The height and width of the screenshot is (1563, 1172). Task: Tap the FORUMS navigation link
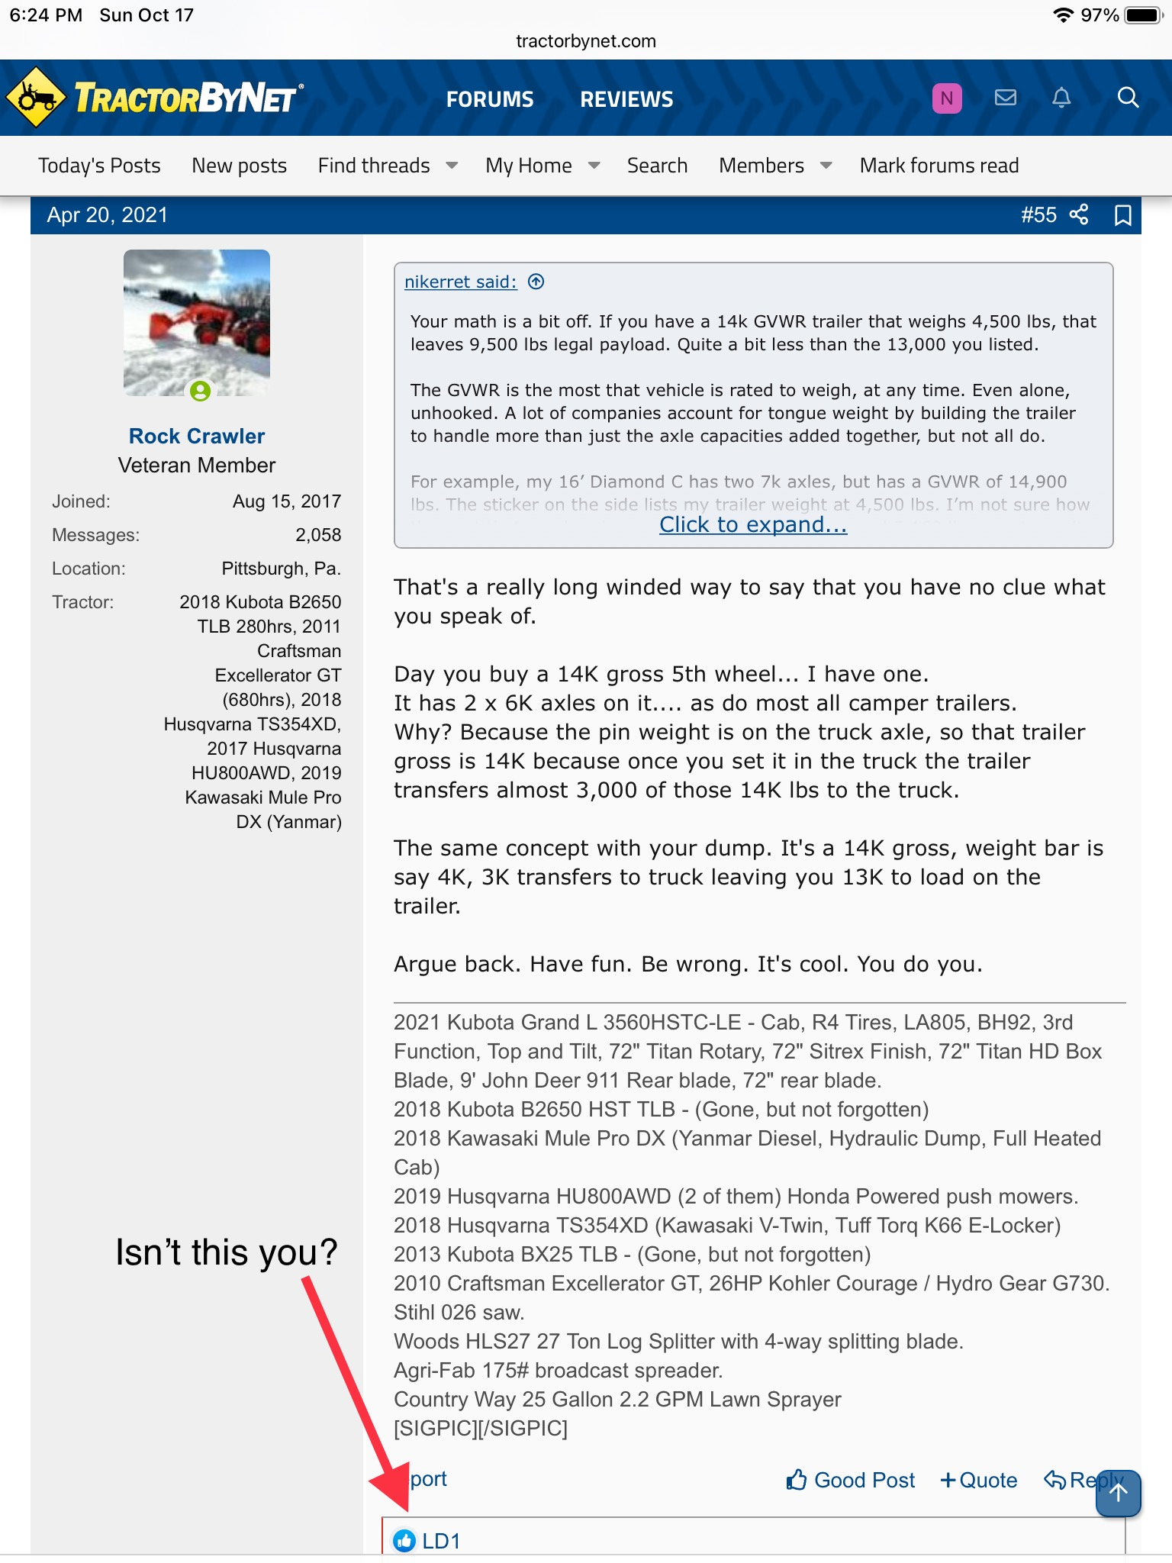(x=490, y=99)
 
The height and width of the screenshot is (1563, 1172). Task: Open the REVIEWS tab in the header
(x=626, y=99)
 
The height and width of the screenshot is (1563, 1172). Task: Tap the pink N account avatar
(x=946, y=98)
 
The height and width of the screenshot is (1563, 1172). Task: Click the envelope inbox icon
(x=1005, y=98)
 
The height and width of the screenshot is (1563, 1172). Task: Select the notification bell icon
(x=1061, y=98)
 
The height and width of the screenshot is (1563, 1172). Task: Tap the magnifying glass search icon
(x=1127, y=98)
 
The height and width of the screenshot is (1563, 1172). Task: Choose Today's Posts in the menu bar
(x=99, y=166)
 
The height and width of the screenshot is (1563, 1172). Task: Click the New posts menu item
(x=239, y=166)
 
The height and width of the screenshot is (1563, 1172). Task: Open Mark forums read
(x=939, y=166)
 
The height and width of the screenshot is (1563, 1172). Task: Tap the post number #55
(x=1038, y=215)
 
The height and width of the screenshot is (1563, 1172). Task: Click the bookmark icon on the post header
(x=1122, y=215)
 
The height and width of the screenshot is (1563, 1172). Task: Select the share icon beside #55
(x=1079, y=215)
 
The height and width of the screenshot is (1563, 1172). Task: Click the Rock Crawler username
(x=197, y=436)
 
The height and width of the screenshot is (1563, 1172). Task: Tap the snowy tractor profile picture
(x=197, y=323)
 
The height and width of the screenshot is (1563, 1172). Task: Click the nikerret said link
(x=460, y=282)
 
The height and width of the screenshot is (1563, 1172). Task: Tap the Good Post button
(x=851, y=1481)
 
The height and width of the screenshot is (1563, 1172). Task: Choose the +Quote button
(x=979, y=1481)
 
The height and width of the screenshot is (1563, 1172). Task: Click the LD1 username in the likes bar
(x=441, y=1542)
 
